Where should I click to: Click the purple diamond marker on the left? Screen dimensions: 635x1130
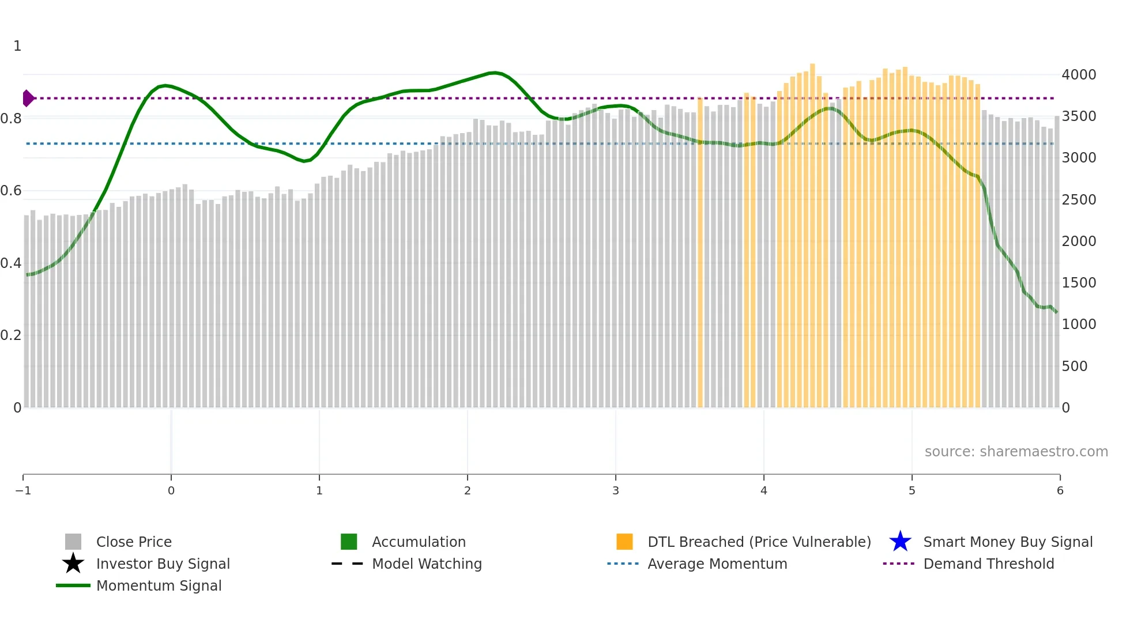point(28,99)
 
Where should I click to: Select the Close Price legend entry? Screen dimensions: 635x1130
point(133,542)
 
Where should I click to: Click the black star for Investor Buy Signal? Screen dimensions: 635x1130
point(73,564)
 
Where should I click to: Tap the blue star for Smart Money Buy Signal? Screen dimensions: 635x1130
point(900,542)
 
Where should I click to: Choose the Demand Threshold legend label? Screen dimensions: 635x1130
point(988,564)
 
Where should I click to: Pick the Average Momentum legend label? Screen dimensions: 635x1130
point(717,564)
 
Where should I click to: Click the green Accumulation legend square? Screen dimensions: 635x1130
point(349,542)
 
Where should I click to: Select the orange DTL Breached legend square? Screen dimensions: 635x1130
point(624,542)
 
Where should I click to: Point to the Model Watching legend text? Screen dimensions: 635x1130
point(427,564)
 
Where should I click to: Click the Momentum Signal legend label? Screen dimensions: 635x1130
point(159,585)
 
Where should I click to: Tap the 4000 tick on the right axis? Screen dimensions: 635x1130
point(1079,75)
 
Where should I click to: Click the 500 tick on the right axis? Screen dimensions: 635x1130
point(1074,366)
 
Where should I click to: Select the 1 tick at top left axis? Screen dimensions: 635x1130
point(17,46)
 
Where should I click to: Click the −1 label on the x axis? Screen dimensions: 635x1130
point(23,491)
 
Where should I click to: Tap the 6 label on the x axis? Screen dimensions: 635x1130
point(1060,491)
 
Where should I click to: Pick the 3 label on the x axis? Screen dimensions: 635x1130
point(615,491)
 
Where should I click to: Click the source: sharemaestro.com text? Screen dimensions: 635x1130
point(1016,452)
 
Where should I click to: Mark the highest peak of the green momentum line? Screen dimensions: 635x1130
point(495,73)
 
